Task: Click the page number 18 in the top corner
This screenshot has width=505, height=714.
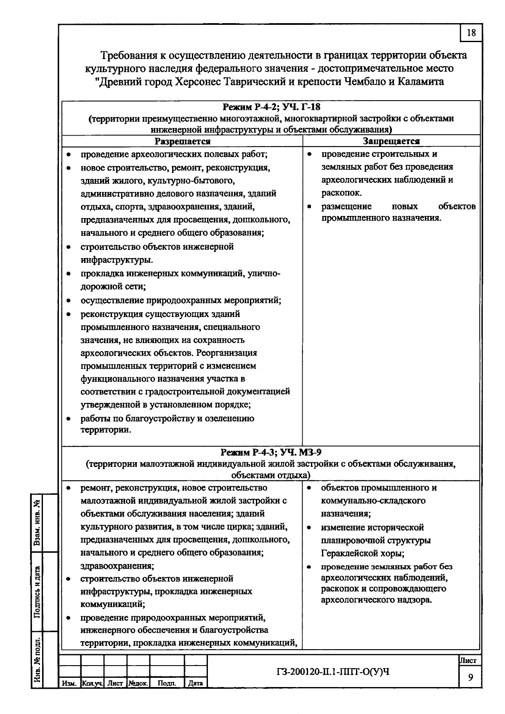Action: point(471,32)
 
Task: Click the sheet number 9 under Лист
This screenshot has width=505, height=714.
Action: point(470,677)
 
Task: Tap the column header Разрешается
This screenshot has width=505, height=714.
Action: point(182,141)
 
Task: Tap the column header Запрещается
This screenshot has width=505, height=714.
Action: point(391,141)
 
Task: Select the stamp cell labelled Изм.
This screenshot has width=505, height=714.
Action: point(69,683)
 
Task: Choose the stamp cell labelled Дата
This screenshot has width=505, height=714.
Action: point(195,683)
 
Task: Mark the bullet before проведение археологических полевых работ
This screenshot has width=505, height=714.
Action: point(69,155)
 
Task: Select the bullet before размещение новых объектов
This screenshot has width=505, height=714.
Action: point(309,207)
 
